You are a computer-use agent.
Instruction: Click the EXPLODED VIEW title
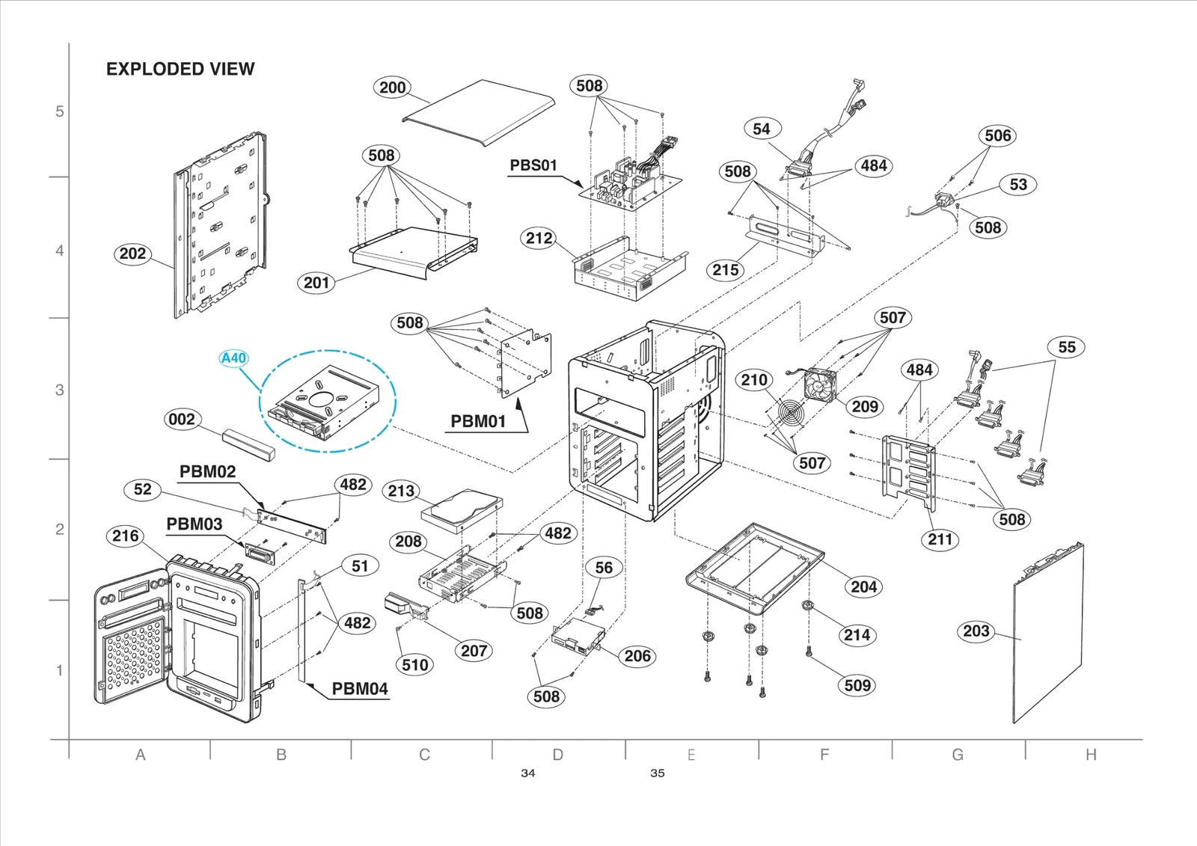pyautogui.click(x=180, y=69)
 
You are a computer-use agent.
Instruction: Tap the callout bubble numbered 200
pyautogui.click(x=392, y=88)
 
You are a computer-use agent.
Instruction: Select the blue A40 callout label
pyautogui.click(x=233, y=358)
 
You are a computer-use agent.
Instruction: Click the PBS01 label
pyautogui.click(x=533, y=165)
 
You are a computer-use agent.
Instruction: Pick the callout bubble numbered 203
pyautogui.click(x=976, y=631)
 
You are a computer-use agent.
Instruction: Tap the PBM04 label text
pyautogui.click(x=360, y=689)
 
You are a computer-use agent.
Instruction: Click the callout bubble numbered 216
pyautogui.click(x=125, y=536)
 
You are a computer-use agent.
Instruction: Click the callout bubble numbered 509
pyautogui.click(x=857, y=685)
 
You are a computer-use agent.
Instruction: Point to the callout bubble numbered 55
pyautogui.click(x=1067, y=347)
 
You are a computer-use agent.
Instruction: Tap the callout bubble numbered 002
pyautogui.click(x=182, y=419)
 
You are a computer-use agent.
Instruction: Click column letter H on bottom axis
pyautogui.click(x=1091, y=755)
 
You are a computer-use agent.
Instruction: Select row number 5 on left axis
pyautogui.click(x=60, y=111)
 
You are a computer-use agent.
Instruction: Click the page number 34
pyautogui.click(x=528, y=773)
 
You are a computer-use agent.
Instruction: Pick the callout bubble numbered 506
pyautogui.click(x=998, y=135)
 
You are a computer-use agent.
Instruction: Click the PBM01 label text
pyautogui.click(x=478, y=421)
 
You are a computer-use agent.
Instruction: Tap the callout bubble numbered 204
pyautogui.click(x=863, y=586)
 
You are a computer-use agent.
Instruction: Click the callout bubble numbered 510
pyautogui.click(x=415, y=664)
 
